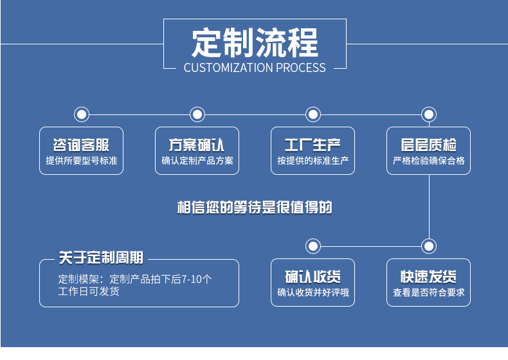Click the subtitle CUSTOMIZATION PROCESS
pos(255,67)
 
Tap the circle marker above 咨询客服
pos(82,114)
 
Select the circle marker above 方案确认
pos(197,114)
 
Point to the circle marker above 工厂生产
pos(313,114)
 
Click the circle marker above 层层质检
pos(429,114)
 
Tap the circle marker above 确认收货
pos(313,246)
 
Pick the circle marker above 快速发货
pos(429,246)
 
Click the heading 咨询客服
pos(81,145)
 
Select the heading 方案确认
pos(197,145)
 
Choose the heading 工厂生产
pos(313,145)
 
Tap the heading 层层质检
pos(428,145)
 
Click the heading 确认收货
pos(313,277)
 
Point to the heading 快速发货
pos(428,277)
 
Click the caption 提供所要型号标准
pos(81,161)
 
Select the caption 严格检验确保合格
pos(428,161)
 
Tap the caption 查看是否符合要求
pos(428,293)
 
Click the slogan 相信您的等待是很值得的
pos(255,208)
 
